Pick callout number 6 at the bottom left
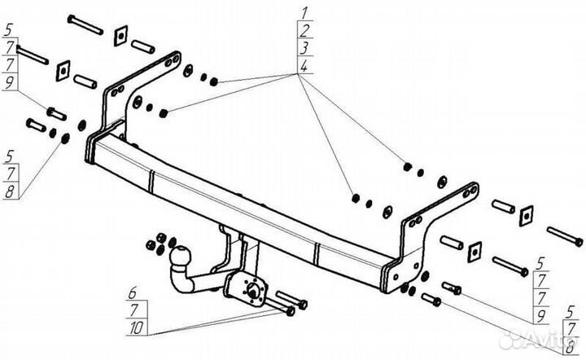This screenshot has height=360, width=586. [x=132, y=291]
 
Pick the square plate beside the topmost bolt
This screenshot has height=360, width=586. [x=120, y=35]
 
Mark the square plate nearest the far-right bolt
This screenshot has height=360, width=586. [x=525, y=214]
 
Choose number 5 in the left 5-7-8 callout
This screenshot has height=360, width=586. [x=9, y=152]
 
